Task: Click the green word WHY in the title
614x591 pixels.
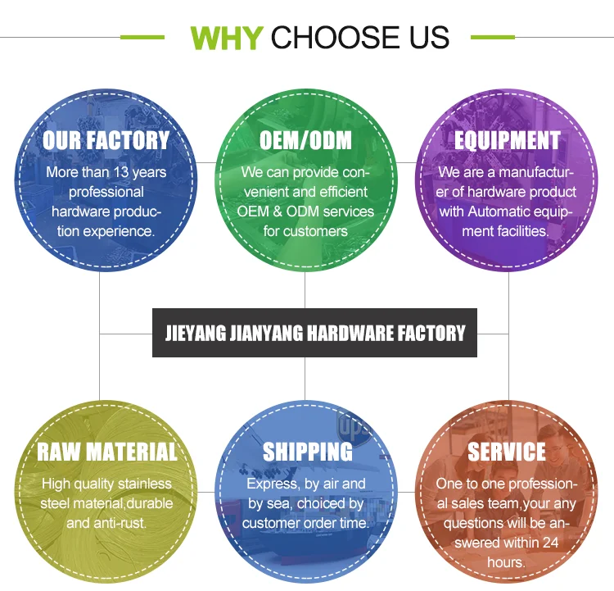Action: coord(226,37)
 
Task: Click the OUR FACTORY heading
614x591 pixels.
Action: coord(106,140)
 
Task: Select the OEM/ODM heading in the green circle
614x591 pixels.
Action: coord(305,140)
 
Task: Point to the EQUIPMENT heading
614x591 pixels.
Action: coord(508,140)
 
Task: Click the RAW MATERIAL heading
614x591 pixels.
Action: coord(106,452)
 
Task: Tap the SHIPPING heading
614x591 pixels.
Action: coord(307,452)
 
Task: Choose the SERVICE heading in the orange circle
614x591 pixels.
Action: coord(507,452)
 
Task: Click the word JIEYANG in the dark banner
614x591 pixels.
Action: coord(195,333)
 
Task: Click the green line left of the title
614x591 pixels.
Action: coord(142,37)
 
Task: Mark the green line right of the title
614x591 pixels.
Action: coord(493,37)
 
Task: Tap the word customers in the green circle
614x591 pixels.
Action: coord(315,231)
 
